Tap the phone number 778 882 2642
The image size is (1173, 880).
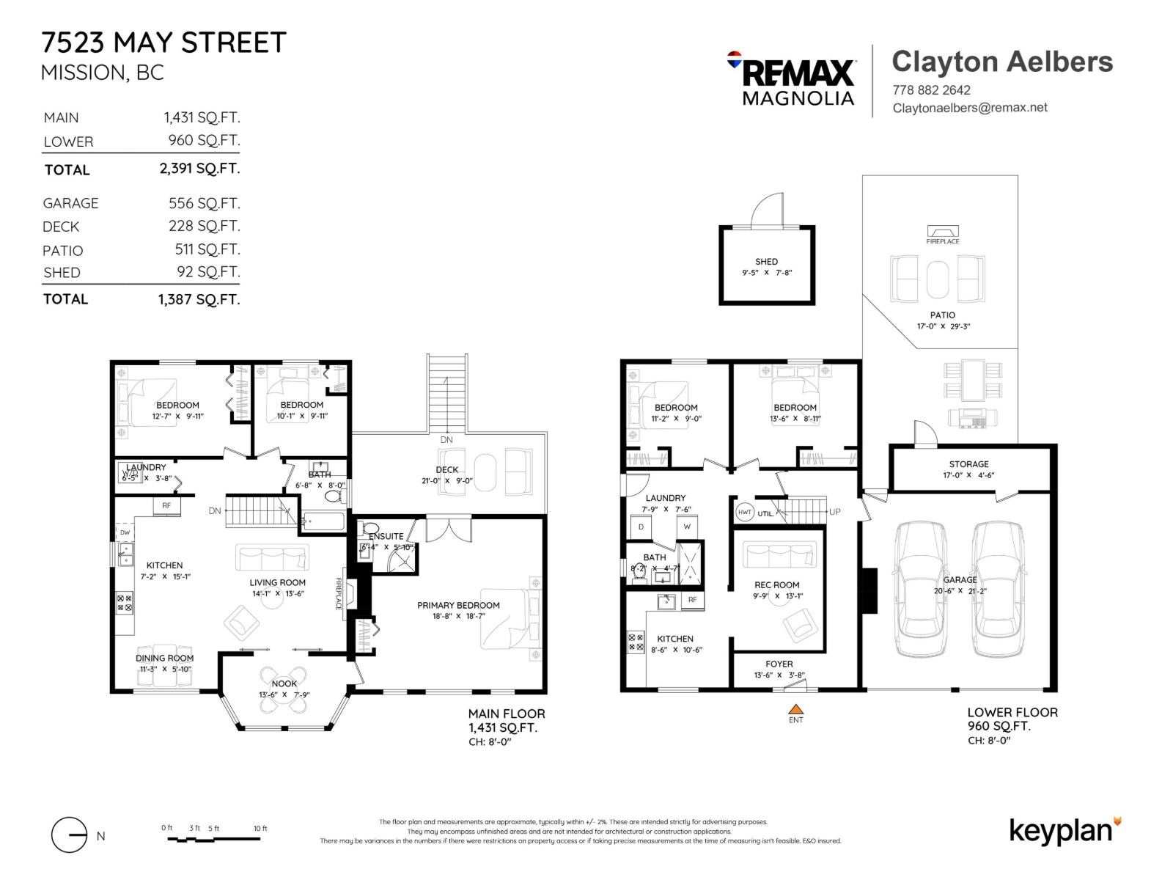click(931, 90)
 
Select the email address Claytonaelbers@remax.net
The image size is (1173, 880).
click(969, 108)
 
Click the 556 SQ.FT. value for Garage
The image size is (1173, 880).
click(204, 203)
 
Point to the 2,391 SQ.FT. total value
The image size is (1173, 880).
click(199, 169)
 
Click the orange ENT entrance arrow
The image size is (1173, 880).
click(796, 709)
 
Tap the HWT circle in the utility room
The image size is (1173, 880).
click(745, 513)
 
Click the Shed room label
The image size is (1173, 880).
click(766, 262)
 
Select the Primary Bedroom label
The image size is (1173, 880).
click(458, 605)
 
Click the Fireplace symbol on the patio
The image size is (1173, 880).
click(942, 231)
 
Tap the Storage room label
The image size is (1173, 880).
click(968, 464)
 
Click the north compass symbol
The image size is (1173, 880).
click(70, 835)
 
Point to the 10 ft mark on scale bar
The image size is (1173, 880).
click(260, 829)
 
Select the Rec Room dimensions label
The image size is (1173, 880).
click(777, 596)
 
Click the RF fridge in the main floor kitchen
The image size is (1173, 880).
click(166, 505)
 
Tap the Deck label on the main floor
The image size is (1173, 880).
click(446, 470)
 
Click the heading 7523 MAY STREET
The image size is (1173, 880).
click(163, 43)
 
